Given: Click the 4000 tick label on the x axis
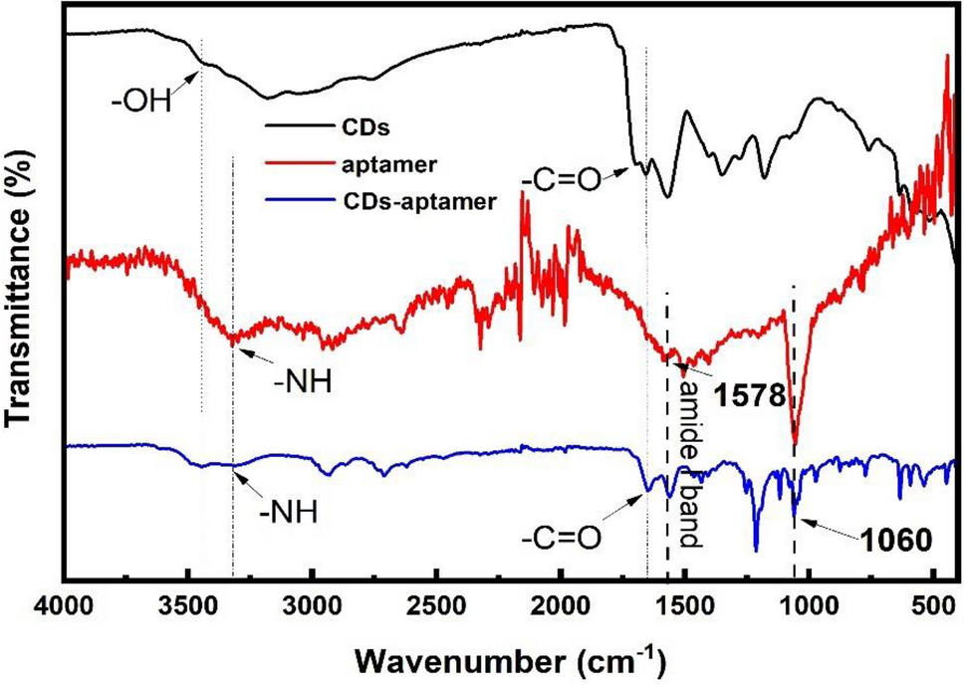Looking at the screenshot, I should (65, 607).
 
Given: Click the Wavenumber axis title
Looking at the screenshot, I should (508, 658).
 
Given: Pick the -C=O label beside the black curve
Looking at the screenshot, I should (561, 180).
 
